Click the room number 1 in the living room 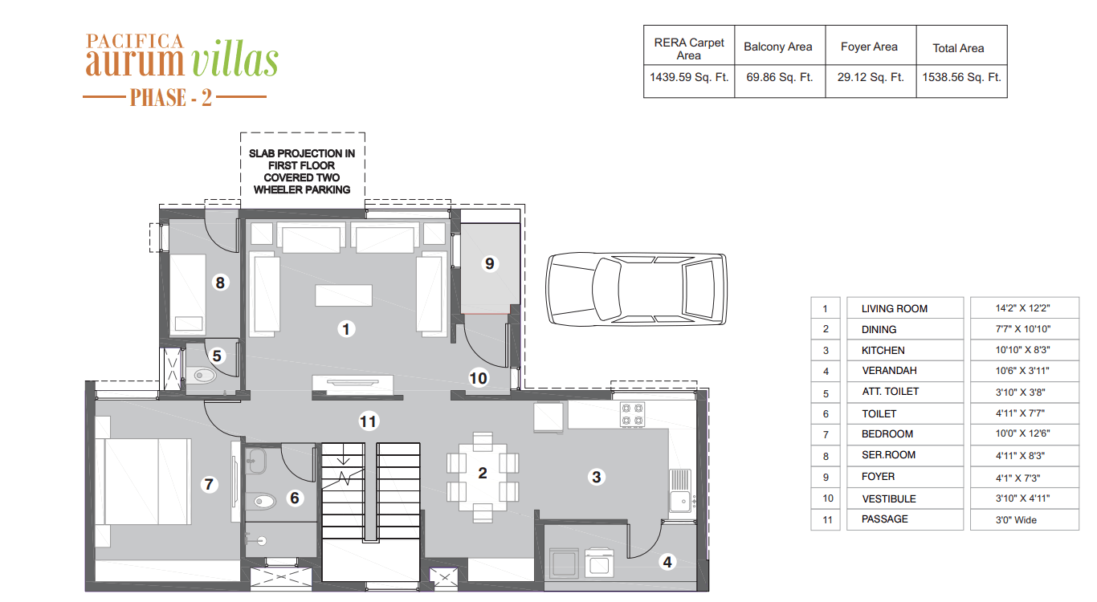pos(346,329)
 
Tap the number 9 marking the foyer pos(489,264)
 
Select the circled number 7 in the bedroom pos(209,484)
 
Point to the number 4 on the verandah pos(667,562)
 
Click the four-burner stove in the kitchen pos(632,414)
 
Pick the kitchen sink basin pos(680,501)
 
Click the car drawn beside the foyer pos(636,289)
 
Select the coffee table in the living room pos(343,295)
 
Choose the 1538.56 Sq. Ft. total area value pos(961,77)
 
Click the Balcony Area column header pos(777,47)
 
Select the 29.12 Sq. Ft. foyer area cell pos(871,77)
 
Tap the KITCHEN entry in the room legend pos(883,351)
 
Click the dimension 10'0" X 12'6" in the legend pos(1022,433)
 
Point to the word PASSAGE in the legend pos(884,519)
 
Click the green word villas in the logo pos(235,61)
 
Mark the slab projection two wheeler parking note pos(302,171)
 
